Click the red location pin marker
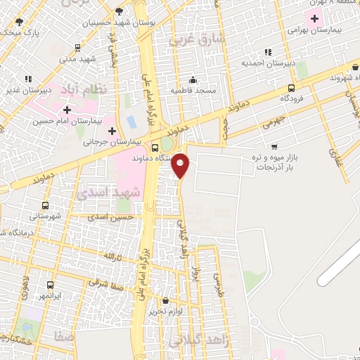tap(181, 166)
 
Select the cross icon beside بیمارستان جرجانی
tap(112, 130)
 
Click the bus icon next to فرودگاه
tap(291, 89)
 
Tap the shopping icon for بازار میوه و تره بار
tap(274, 148)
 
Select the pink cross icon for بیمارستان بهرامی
tap(315, 17)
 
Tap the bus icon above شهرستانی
tap(46, 206)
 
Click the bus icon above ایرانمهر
tap(49, 285)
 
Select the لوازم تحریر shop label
tap(166, 311)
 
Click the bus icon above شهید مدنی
tap(77, 48)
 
